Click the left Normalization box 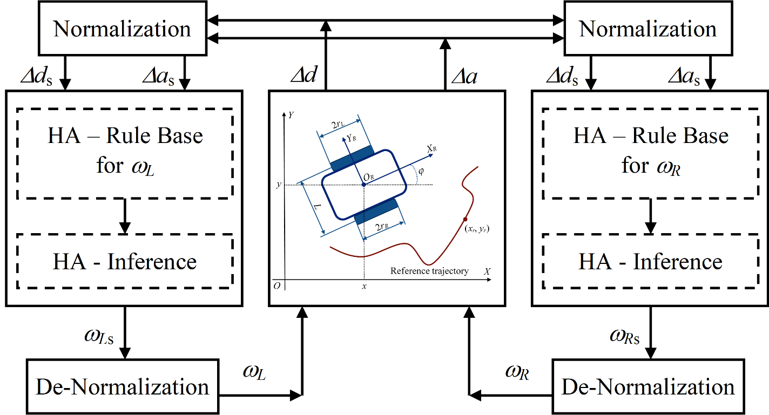point(122,29)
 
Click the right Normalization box point(648,29)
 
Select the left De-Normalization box point(123,387)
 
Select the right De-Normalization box point(648,387)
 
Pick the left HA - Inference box point(125,262)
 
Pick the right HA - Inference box point(651,262)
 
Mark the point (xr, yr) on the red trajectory point(464,219)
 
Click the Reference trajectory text point(429,271)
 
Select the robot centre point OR point(364,185)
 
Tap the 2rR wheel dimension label point(380,227)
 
